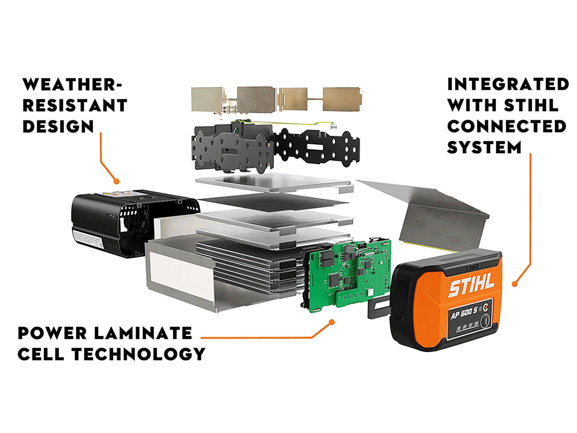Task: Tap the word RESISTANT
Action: pos(75,105)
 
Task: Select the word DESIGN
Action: pos(58,126)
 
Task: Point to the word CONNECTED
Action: pos(507,126)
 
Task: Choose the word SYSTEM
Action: pos(484,147)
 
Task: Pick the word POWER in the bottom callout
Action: pos(52,333)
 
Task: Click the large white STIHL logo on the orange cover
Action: pos(472,285)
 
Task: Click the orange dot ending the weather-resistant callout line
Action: pos(116,181)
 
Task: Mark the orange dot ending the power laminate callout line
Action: pos(332,322)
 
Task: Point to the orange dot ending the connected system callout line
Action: pos(515,284)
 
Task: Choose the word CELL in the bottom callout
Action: pos(41,354)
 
